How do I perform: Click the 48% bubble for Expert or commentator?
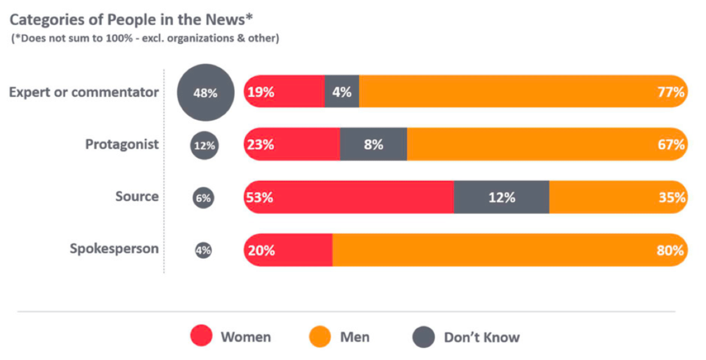pos(204,93)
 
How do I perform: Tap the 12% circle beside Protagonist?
pos(204,146)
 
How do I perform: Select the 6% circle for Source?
pos(204,198)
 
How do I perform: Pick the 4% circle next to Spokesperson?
pos(204,250)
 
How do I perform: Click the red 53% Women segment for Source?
pos(348,197)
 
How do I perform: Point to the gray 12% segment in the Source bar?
pos(501,197)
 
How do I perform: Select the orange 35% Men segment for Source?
pos(617,197)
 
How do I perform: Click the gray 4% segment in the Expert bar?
pos(342,92)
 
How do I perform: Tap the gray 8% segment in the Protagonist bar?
pos(373,144)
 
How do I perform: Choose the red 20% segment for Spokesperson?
pos(288,250)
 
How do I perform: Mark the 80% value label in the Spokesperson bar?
pos(670,250)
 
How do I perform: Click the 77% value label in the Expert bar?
pos(670,92)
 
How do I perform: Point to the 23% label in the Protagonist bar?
pos(260,145)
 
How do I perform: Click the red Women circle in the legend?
pos(201,337)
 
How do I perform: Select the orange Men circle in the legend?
pos(320,337)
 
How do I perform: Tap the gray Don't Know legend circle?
pos(424,337)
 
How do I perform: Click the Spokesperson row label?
pos(114,249)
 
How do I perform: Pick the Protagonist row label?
pos(122,144)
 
